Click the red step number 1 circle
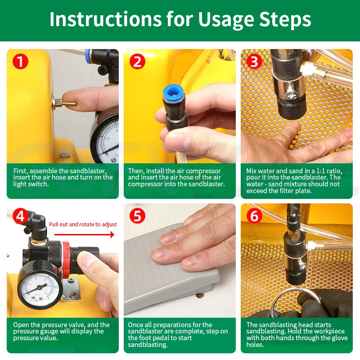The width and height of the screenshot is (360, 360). tap(20, 62)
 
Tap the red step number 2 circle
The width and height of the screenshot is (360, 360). tap(137, 62)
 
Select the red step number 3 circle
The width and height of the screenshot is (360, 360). tap(254, 62)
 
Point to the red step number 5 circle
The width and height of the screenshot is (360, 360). tap(137, 216)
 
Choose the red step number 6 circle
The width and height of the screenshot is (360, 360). tap(254, 216)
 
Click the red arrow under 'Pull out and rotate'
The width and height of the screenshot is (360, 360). tap(84, 234)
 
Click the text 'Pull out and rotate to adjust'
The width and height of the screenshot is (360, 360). tap(83, 224)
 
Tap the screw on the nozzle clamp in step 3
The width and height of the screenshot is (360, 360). tap(290, 94)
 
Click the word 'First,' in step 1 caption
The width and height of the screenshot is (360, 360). tap(20, 171)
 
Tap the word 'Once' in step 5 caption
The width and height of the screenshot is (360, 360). tap(135, 325)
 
